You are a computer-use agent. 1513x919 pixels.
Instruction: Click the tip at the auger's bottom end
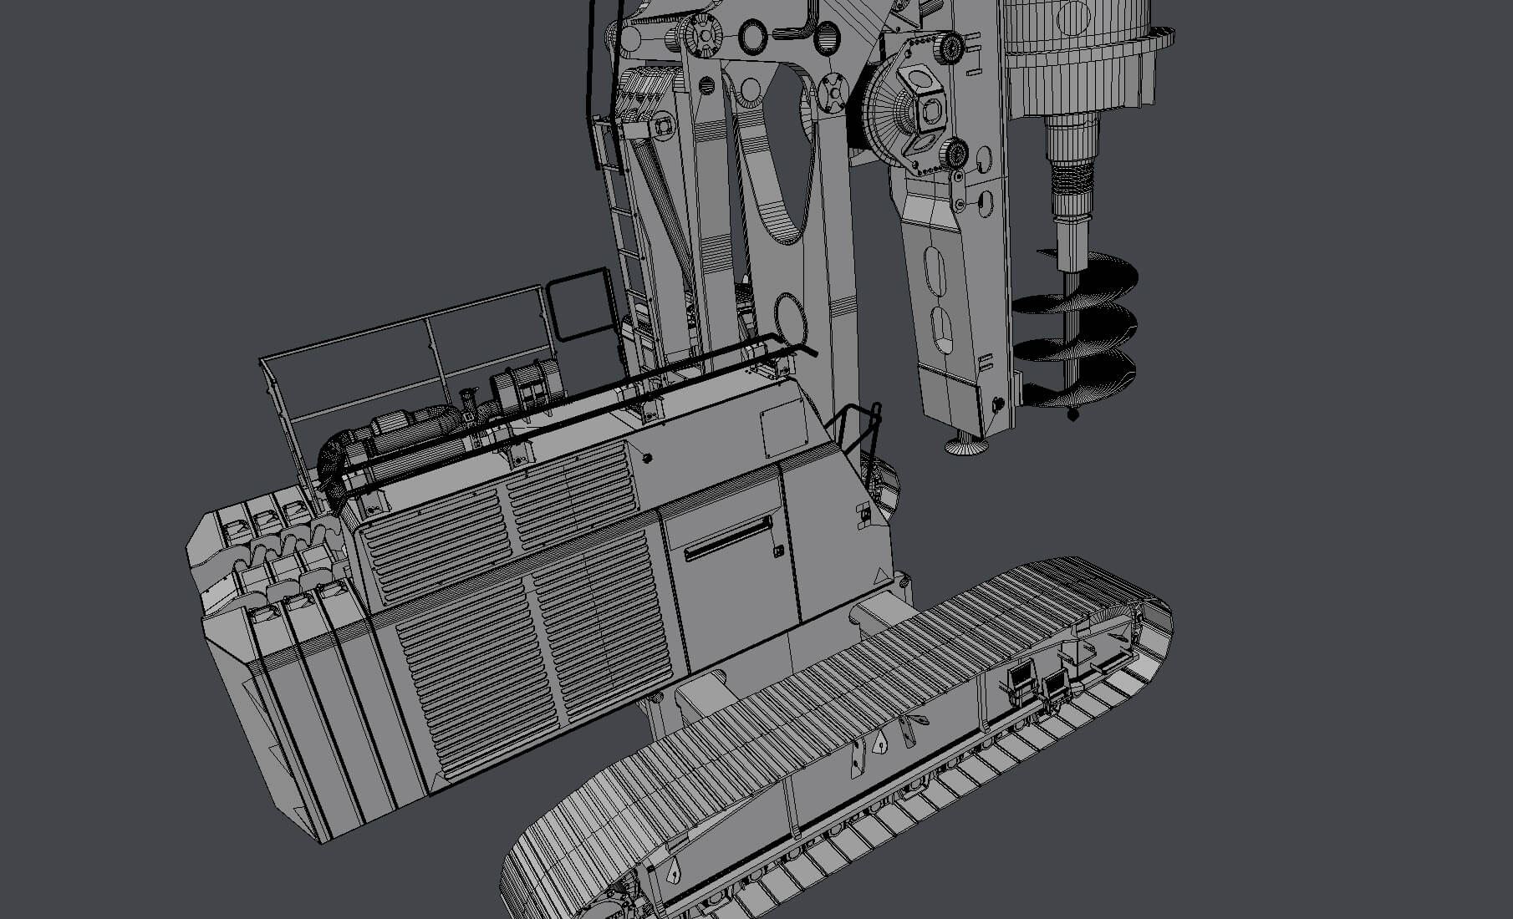point(1074,414)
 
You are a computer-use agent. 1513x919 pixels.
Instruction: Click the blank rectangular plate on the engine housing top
point(783,427)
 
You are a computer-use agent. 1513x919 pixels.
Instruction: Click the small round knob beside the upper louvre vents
point(646,457)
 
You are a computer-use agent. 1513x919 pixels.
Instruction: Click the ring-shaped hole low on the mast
point(789,317)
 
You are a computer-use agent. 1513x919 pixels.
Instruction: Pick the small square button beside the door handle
point(778,551)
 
